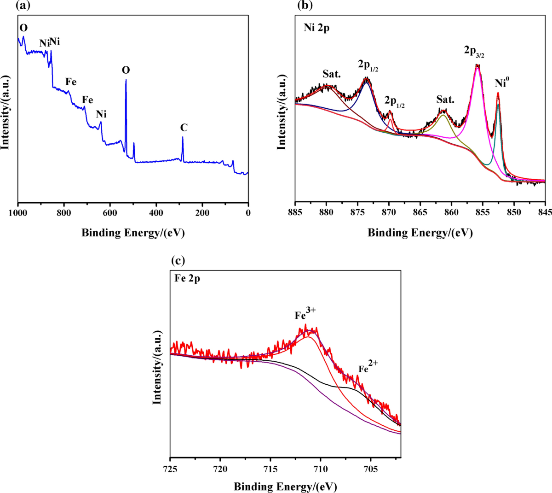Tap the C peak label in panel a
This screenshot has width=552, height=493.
[x=184, y=128]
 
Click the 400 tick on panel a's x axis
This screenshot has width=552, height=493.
[x=156, y=212]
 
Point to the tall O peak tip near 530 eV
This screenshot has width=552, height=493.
[x=126, y=80]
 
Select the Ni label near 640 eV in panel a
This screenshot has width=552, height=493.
[x=101, y=114]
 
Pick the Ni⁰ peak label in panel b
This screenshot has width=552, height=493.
[x=502, y=83]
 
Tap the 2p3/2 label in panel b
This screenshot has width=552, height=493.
[x=474, y=52]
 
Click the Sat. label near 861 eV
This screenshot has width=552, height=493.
[x=445, y=100]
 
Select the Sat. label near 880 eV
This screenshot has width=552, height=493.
[x=331, y=74]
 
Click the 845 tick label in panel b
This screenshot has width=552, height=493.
[x=545, y=212]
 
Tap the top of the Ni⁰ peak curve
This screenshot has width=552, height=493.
[x=498, y=94]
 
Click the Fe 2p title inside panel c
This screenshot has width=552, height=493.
[x=187, y=278]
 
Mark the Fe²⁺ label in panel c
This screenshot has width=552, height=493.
[x=368, y=367]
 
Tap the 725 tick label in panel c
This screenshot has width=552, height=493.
[x=171, y=469]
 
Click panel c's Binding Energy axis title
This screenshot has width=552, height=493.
[x=285, y=487]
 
